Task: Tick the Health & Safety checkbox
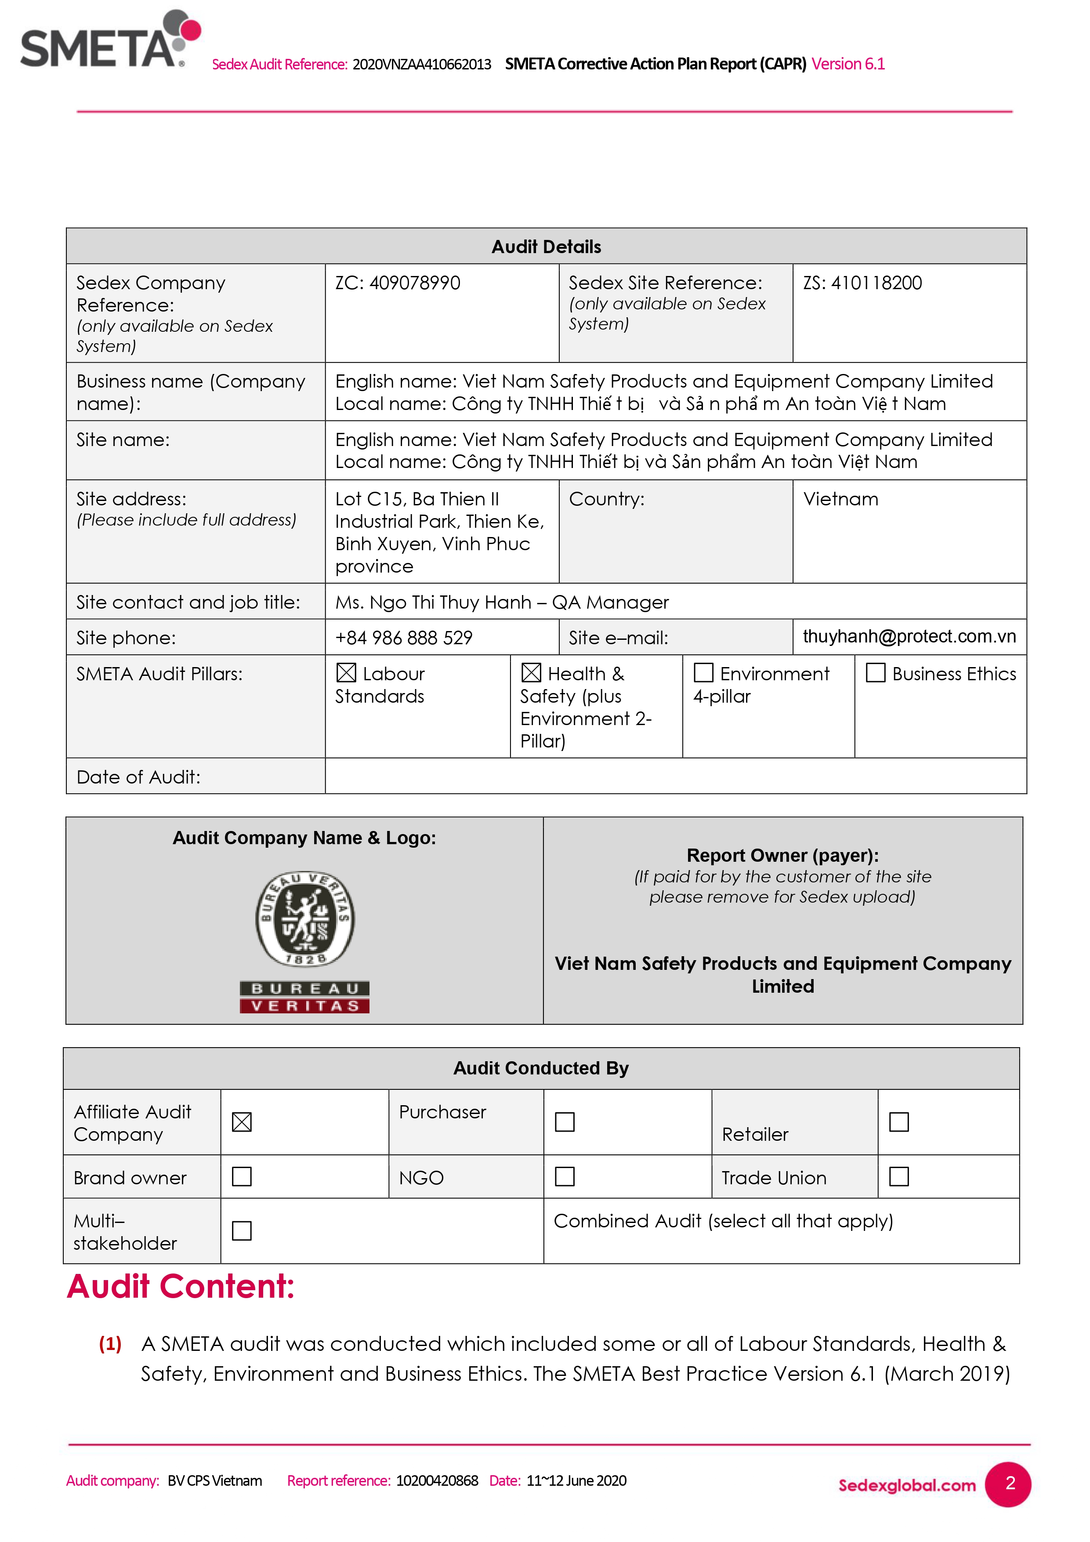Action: coord(531,672)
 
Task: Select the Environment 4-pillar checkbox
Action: coord(703,672)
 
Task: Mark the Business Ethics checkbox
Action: coord(875,672)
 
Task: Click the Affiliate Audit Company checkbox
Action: coord(242,1121)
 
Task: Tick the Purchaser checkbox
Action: coord(565,1121)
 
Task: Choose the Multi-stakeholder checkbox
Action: coord(242,1230)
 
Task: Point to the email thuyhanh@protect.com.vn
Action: coord(909,636)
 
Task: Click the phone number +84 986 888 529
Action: coord(404,637)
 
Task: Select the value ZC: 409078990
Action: coord(398,283)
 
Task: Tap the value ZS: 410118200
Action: coord(862,283)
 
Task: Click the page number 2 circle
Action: coord(1009,1484)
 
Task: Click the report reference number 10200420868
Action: coord(437,1481)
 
